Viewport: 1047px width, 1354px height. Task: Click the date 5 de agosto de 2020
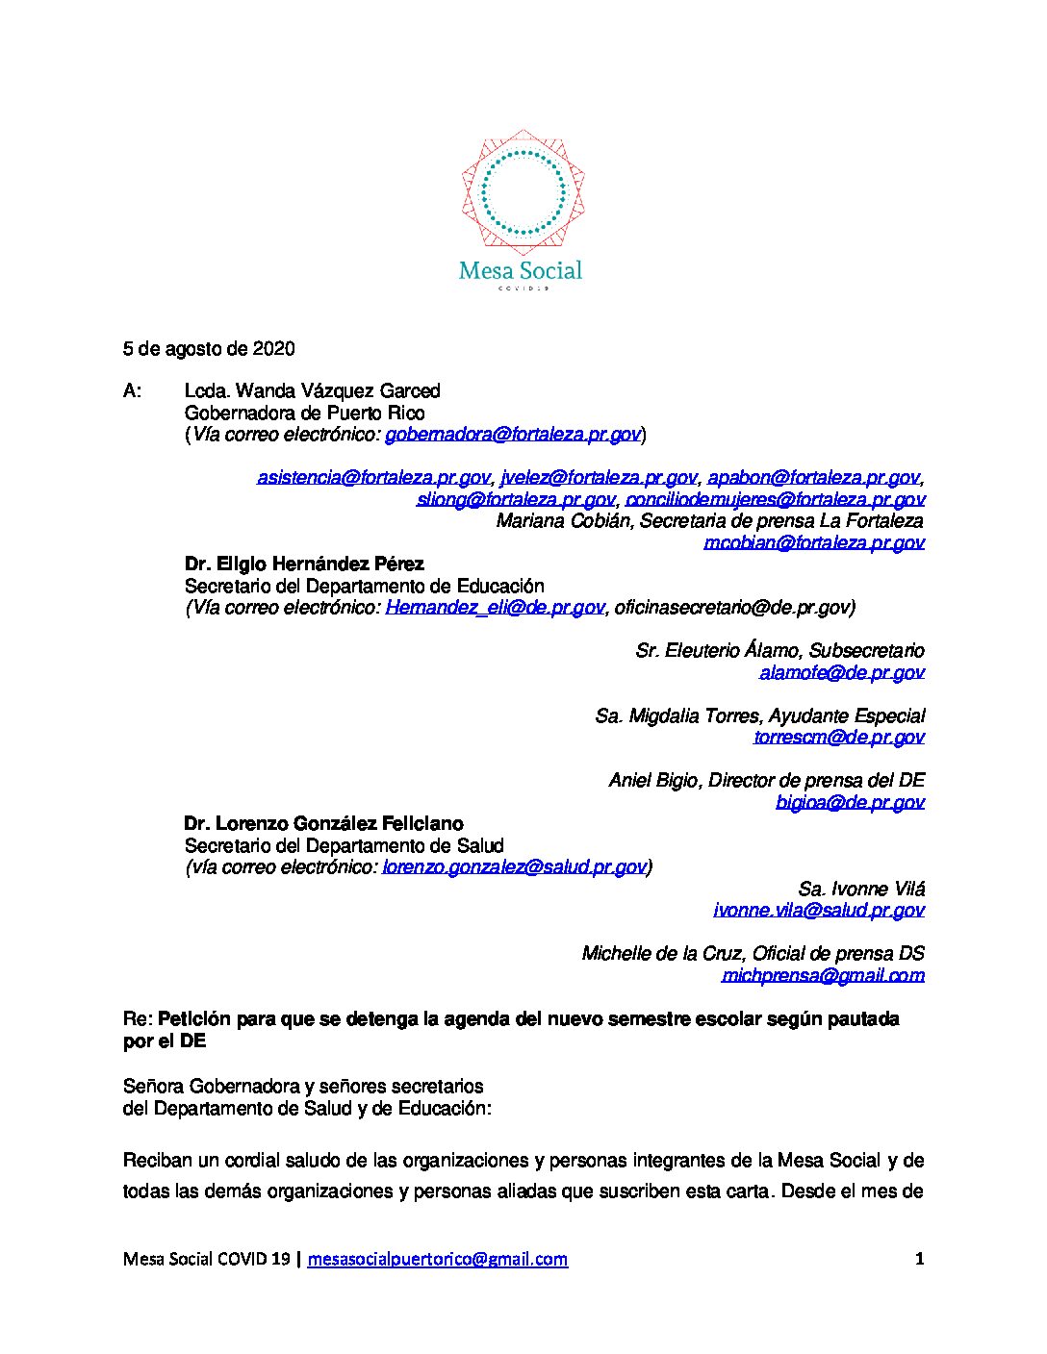point(209,348)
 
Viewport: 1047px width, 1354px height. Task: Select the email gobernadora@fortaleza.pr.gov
point(513,435)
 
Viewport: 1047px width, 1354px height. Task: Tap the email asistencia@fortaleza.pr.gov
point(373,477)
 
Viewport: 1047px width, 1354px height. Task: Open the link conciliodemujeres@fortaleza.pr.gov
point(776,499)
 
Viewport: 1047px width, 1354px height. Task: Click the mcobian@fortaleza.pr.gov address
point(814,542)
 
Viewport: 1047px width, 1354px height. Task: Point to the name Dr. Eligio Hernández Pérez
point(304,564)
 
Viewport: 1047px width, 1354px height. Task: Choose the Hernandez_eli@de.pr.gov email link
point(495,607)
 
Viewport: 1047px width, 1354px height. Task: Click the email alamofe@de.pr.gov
point(841,672)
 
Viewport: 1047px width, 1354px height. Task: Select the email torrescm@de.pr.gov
point(839,737)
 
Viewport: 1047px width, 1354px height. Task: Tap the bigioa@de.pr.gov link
point(850,802)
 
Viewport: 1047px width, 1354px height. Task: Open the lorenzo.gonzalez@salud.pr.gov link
point(513,866)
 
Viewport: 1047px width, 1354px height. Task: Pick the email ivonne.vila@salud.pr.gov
point(819,910)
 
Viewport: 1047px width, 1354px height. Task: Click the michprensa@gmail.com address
point(823,975)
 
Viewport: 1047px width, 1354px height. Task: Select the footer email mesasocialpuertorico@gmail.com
point(438,1259)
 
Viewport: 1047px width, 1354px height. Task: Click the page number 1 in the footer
point(920,1259)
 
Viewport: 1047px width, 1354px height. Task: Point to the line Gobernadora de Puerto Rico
point(304,413)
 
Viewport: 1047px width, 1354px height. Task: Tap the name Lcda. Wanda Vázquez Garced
point(312,390)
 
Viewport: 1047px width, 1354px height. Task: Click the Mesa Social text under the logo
point(521,271)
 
